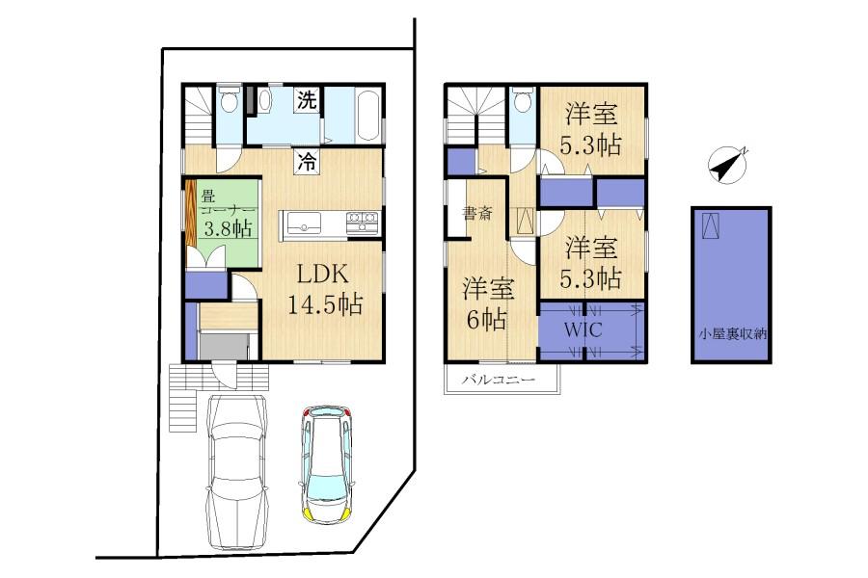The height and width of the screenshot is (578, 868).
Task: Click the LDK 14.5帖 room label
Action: click(324, 288)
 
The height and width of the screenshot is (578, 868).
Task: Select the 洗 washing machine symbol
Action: click(307, 99)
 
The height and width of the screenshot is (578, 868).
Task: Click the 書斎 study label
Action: click(477, 214)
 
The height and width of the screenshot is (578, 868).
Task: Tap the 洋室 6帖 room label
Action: click(487, 304)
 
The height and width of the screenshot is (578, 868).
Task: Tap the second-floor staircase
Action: click(474, 108)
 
